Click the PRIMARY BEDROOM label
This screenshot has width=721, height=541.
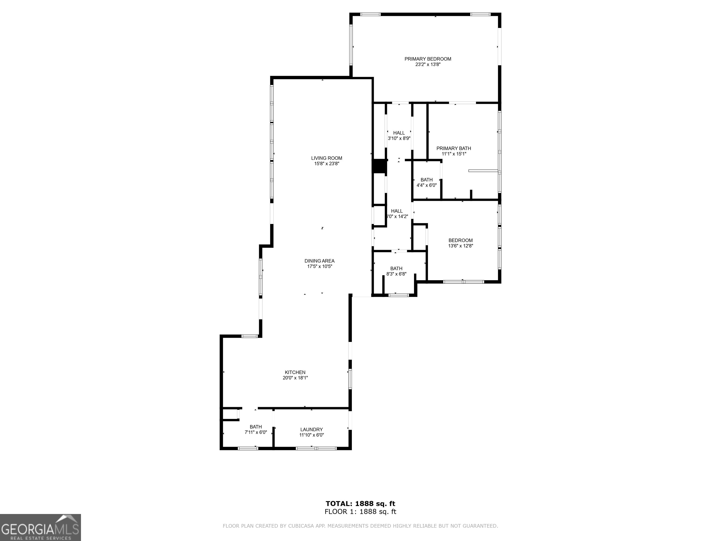click(428, 59)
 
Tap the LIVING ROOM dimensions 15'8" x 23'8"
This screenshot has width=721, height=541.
click(327, 164)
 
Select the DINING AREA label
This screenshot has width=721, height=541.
click(319, 261)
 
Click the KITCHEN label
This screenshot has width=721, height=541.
click(295, 372)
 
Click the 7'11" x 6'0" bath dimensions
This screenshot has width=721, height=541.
click(256, 433)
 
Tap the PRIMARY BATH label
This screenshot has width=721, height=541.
click(454, 148)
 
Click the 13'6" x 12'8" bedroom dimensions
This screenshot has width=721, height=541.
click(460, 246)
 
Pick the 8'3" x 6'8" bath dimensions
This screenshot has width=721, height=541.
click(396, 274)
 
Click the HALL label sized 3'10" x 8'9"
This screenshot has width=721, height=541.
click(399, 133)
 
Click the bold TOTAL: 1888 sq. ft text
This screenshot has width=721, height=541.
click(360, 504)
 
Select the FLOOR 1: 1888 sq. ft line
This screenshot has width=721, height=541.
click(360, 512)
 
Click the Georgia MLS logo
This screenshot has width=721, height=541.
click(40, 527)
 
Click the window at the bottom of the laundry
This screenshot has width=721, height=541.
click(316, 448)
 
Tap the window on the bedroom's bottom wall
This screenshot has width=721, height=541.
click(464, 282)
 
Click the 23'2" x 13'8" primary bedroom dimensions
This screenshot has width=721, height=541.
click(428, 65)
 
